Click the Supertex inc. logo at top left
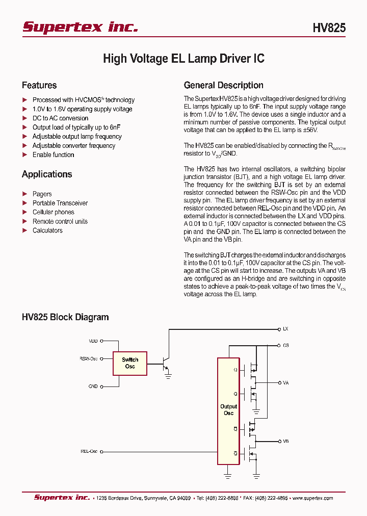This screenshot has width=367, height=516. tap(80, 27)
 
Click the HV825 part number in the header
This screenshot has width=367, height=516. tap(329, 29)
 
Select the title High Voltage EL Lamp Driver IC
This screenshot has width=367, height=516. tap(183, 59)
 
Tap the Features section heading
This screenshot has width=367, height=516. tap(39, 85)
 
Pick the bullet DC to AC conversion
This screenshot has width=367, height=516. tap(60, 118)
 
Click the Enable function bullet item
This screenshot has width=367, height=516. tap(53, 155)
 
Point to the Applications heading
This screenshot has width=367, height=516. tap(47, 174)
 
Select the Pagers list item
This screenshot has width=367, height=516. tap(42, 194)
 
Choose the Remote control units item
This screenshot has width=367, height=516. tap(60, 221)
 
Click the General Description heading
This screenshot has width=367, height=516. tap(223, 85)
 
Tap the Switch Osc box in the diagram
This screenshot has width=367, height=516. tap(130, 363)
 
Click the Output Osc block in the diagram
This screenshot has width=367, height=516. tap(228, 410)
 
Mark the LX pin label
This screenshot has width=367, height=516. tap(285, 329)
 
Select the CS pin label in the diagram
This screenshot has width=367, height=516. tap(285, 345)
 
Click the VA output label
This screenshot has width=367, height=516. tap(285, 382)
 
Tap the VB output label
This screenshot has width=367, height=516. tap(285, 441)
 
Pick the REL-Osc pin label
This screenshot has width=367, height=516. tap(89, 451)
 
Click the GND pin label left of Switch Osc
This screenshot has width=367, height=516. tap(93, 386)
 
